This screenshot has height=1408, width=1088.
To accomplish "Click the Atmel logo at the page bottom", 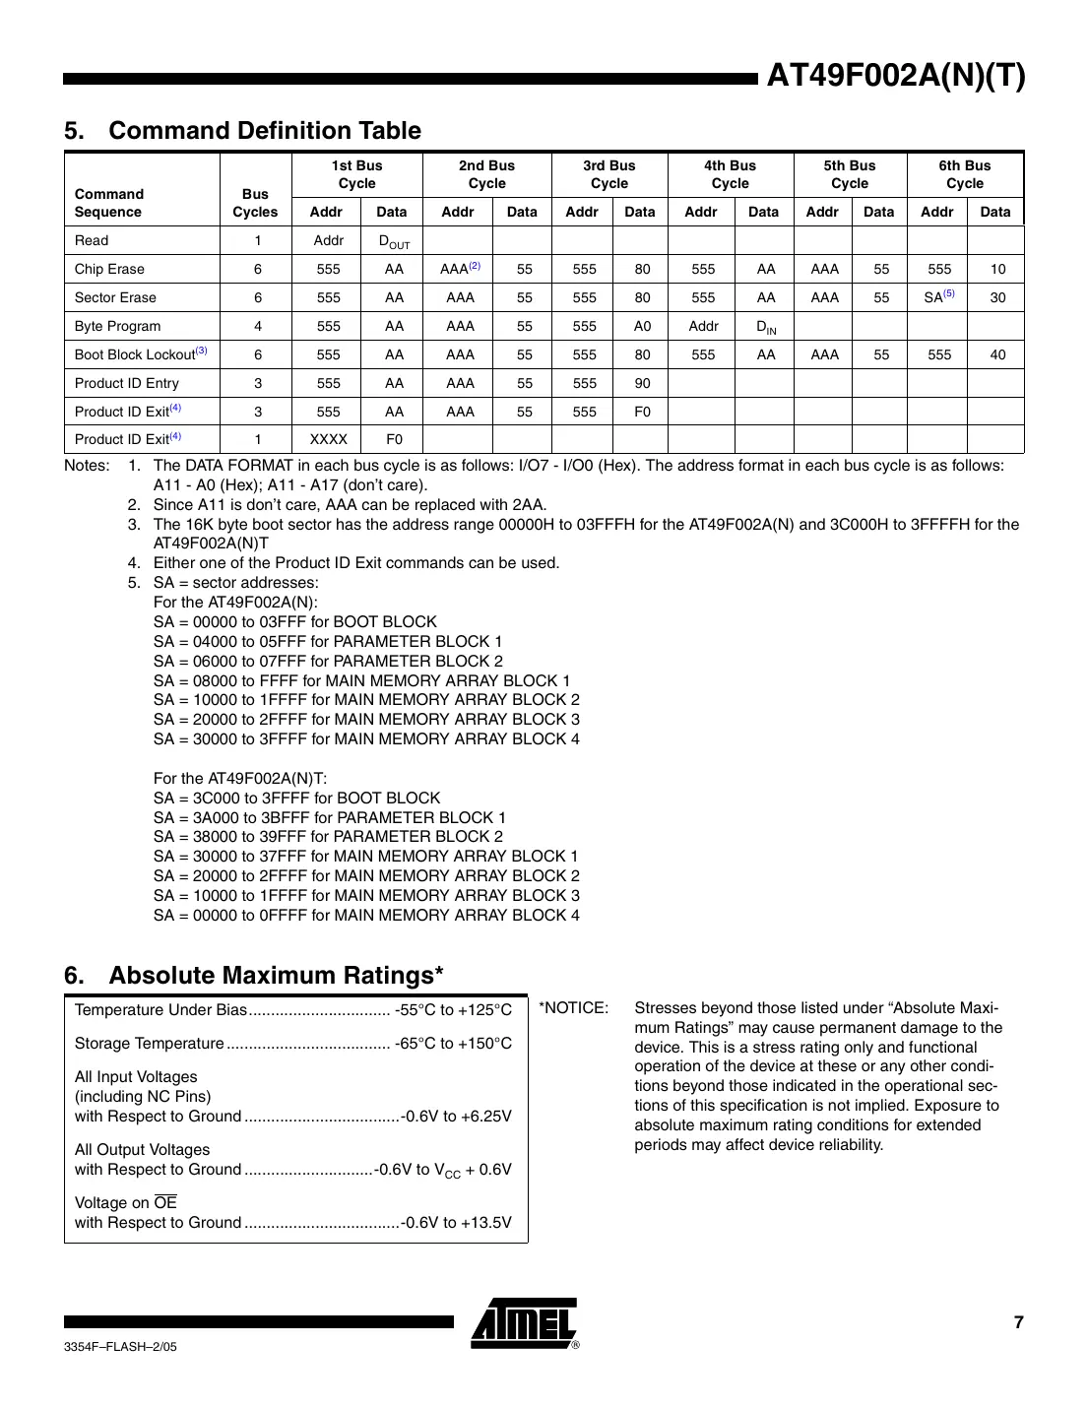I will (524, 1323).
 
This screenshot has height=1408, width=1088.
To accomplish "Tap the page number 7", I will (1018, 1322).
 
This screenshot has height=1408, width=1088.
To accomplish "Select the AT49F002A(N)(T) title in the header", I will (895, 76).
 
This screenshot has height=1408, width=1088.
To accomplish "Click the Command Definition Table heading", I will (242, 131).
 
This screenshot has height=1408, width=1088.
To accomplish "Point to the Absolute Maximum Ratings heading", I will (253, 975).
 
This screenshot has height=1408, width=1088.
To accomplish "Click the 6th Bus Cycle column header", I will (964, 174).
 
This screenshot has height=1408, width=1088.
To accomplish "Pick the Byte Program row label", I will (117, 326).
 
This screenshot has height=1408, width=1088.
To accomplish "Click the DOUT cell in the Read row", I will (394, 241).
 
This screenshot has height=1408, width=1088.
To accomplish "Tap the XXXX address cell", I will (328, 439).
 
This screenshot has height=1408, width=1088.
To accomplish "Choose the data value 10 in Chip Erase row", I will (997, 269).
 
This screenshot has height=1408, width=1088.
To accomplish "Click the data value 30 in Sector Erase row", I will (997, 297).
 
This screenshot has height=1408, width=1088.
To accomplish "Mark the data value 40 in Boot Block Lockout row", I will (997, 354).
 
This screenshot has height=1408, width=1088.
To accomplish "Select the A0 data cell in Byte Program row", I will (642, 326).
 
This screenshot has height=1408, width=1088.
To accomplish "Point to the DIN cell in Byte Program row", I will (765, 327).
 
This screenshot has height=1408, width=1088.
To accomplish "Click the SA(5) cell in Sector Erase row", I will (938, 296).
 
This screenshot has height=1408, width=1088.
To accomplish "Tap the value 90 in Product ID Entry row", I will (642, 383).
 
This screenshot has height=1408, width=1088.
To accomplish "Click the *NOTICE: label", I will (574, 1008).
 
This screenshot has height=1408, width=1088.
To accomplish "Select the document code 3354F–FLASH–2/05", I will (120, 1346).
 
